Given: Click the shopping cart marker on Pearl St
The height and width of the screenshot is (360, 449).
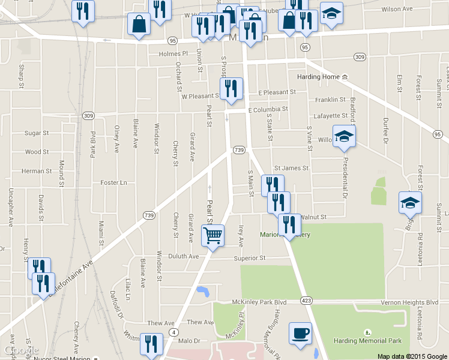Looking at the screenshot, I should tap(212, 235).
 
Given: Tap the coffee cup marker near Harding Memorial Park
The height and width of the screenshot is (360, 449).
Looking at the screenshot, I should tap(300, 333).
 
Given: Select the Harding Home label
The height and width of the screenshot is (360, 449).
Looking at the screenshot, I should tap(319, 77).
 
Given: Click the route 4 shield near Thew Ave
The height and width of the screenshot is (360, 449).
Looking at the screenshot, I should tap(174, 332).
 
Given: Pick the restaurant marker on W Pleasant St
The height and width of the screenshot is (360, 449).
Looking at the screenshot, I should tap(231, 88).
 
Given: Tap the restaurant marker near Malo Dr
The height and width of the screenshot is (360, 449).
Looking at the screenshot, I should tap(151, 343).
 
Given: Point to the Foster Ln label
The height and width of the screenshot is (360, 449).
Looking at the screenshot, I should tap(114, 182).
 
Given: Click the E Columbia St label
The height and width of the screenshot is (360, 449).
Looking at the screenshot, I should tap(268, 110).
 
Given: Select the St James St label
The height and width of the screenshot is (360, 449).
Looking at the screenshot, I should tap(291, 169).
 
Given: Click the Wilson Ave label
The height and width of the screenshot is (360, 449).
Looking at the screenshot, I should tap(397, 10).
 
